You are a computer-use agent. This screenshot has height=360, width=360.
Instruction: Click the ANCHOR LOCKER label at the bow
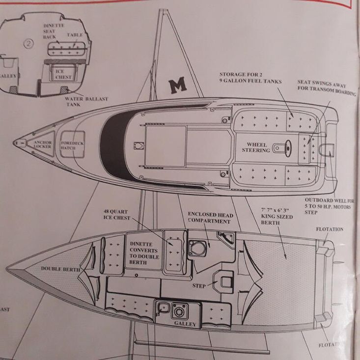(x=43, y=144)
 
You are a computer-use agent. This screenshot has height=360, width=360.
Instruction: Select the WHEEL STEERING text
(x=255, y=147)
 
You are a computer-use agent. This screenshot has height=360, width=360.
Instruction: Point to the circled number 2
(x=28, y=42)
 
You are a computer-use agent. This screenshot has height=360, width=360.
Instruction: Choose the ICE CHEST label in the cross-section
(x=63, y=74)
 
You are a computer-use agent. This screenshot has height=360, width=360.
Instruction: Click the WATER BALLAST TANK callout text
(x=86, y=101)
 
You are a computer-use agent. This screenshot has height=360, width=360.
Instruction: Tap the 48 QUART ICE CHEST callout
(x=116, y=214)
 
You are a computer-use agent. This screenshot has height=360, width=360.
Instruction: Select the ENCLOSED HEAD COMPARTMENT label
(x=211, y=218)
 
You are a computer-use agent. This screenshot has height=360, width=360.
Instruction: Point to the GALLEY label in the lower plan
(x=185, y=324)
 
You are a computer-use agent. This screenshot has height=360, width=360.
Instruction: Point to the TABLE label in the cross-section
(x=75, y=35)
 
